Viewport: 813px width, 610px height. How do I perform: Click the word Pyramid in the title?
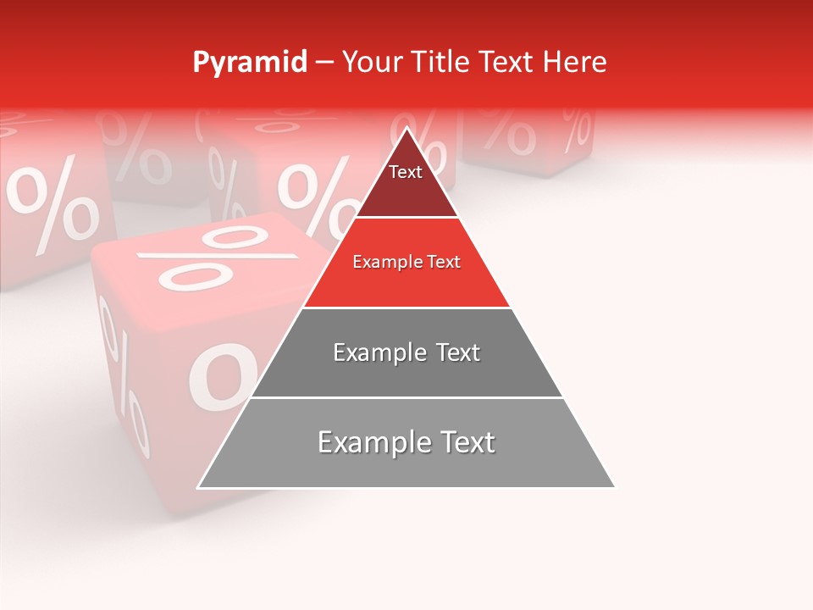point(249,63)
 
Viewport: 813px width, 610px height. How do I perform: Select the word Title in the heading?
point(441,63)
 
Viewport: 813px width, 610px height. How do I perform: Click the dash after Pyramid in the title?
point(324,63)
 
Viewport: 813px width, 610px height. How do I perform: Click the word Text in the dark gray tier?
point(458,352)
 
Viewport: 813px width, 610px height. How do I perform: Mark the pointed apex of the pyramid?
point(406,129)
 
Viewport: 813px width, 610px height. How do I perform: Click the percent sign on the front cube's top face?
point(216,258)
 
